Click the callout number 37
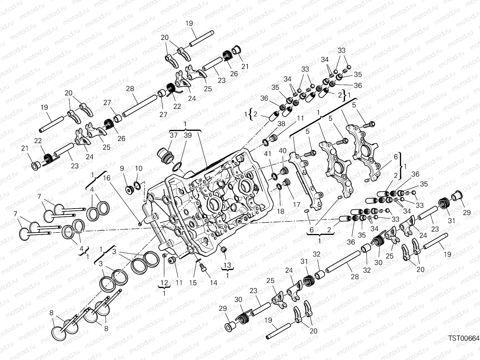[x=174, y=135]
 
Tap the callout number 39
[x=187, y=135]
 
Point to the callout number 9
[x=121, y=169]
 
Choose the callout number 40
[x=282, y=150]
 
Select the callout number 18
[x=280, y=211]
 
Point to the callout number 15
[x=193, y=282]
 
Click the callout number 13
[x=227, y=265]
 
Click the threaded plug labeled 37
[x=164, y=155]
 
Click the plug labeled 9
[x=130, y=190]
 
